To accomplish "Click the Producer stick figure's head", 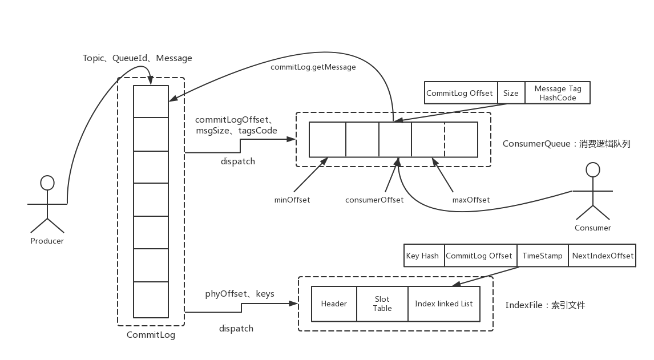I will tap(47, 183).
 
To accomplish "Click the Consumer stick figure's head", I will tap(594, 169).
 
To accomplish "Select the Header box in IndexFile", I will tap(334, 304).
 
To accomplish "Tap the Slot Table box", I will tap(382, 304).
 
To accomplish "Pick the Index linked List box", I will tap(443, 304).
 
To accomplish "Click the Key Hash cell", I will tap(422, 256).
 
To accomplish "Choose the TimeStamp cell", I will tap(542, 256).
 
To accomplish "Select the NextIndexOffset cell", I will tap(603, 256).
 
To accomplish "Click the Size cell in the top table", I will tap(511, 93).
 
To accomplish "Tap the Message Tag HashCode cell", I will tap(558, 93).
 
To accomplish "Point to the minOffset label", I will tap(292, 200).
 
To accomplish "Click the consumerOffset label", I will tap(374, 200).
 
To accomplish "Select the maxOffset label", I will tap(471, 200).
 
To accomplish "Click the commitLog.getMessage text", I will tap(313, 67).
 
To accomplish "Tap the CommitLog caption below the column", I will tap(151, 335).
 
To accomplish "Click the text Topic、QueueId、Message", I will tap(137, 58).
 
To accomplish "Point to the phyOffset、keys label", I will tap(240, 294).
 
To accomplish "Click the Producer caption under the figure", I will tap(47, 241).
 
